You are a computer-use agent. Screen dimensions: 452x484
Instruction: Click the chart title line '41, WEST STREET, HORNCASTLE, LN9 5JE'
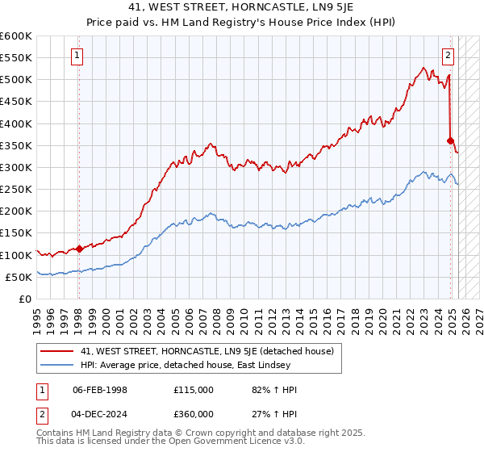coord(242,8)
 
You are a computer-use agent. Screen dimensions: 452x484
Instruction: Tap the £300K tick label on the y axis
coord(16,167)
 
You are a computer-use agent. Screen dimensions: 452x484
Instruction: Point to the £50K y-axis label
coord(19,277)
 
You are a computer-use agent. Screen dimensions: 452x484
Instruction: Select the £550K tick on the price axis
coord(16,58)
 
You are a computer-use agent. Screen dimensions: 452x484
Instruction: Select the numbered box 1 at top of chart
coord(77,56)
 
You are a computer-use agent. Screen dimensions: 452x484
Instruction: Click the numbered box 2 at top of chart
coord(448,56)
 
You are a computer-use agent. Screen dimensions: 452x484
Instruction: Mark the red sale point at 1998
coord(79,249)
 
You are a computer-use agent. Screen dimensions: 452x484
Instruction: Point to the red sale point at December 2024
coord(451,140)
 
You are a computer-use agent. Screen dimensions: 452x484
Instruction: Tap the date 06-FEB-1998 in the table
coord(100,390)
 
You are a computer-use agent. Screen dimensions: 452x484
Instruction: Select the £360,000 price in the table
coord(194,412)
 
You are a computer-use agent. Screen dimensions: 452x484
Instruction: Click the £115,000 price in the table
coord(194,390)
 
